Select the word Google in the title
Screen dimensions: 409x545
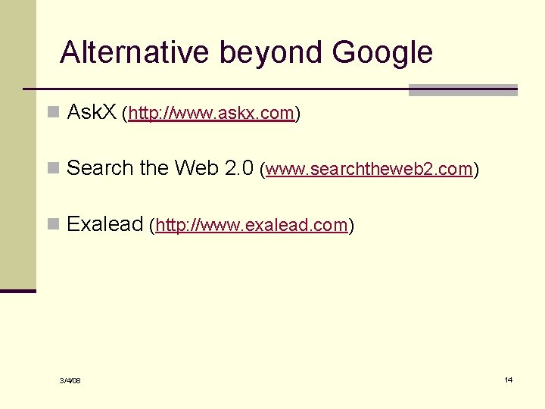tap(382, 53)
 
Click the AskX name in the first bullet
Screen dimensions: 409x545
tap(92, 113)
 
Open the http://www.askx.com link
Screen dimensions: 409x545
tap(211, 114)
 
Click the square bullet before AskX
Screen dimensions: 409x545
tap(52, 113)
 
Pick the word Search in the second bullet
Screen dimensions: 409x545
tap(101, 167)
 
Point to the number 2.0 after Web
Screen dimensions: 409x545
tap(238, 167)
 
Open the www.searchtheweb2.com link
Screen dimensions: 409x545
tap(369, 169)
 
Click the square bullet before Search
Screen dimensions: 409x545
tap(52, 168)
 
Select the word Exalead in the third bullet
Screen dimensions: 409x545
tap(105, 223)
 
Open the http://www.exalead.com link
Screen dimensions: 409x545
tap(251, 225)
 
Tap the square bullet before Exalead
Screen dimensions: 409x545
tap(52, 224)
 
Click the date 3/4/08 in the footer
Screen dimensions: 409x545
tap(70, 380)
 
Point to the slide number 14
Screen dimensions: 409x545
tap(508, 379)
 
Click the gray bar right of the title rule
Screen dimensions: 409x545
tap(462, 90)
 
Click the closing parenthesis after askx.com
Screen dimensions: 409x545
tap(297, 114)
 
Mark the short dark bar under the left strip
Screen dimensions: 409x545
tap(17, 291)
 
